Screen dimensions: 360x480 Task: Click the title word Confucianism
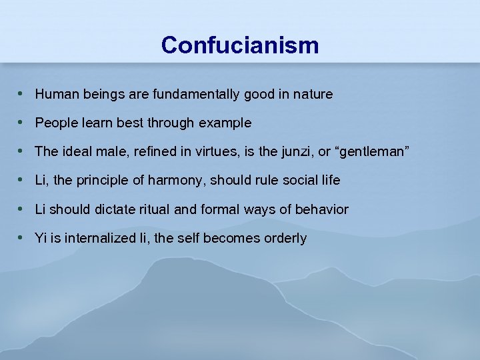(240, 45)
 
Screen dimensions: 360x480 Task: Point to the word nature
(312, 95)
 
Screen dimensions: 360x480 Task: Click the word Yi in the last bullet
(41, 238)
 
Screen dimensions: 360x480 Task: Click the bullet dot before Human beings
(21, 94)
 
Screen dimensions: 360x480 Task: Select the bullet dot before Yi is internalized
(21, 237)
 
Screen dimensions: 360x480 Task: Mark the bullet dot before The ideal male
(21, 151)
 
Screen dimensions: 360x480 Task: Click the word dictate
(113, 209)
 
